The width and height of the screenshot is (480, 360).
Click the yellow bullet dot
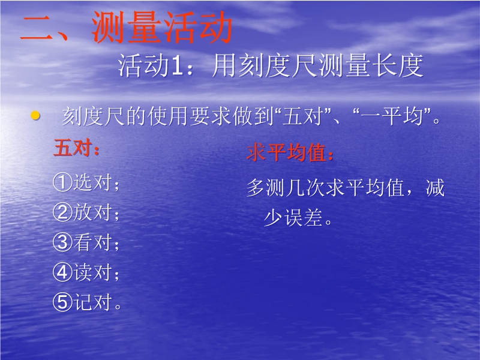click(x=35, y=115)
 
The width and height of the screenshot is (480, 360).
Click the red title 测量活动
click(x=162, y=27)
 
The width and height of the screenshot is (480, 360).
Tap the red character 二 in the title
click(x=37, y=28)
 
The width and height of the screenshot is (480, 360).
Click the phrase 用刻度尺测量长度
click(x=317, y=65)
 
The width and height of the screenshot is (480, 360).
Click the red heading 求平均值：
click(x=290, y=152)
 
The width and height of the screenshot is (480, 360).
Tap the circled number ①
click(x=62, y=182)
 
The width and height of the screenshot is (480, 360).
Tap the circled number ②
click(x=62, y=212)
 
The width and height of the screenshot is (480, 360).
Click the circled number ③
click(x=62, y=242)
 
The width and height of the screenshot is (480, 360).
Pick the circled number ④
click(x=62, y=272)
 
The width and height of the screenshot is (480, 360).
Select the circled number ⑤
click(x=62, y=302)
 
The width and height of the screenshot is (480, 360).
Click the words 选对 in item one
click(x=92, y=182)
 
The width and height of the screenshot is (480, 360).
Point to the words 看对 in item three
click(x=92, y=242)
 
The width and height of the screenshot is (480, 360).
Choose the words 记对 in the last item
click(x=92, y=302)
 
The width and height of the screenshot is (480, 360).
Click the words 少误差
click(x=293, y=217)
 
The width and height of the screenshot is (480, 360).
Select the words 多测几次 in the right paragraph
click(x=286, y=187)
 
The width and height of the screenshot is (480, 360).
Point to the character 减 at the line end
click(x=435, y=187)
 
